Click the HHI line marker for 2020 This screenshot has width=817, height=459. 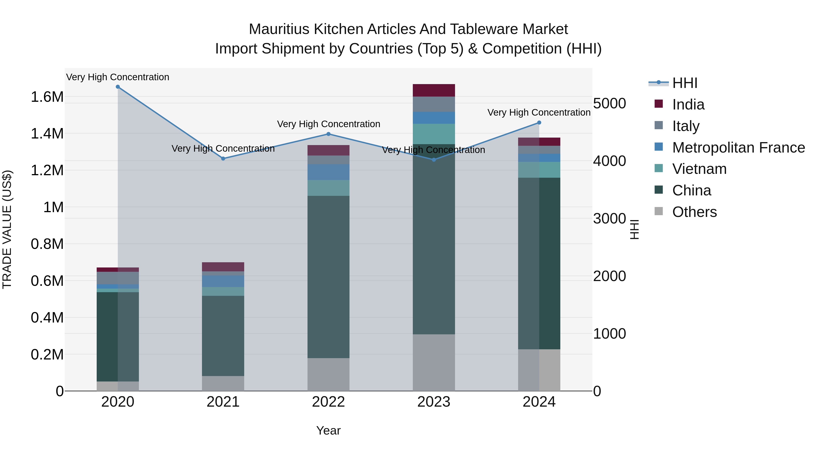click(118, 87)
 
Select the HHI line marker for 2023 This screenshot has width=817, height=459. click(434, 160)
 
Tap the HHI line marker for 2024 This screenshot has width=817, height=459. click(539, 123)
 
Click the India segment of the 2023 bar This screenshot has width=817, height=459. click(434, 90)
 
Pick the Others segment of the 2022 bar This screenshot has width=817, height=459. click(329, 374)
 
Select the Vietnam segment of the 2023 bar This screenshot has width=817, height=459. click(434, 134)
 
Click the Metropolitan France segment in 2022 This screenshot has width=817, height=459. click(329, 172)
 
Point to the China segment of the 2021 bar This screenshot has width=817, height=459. click(223, 336)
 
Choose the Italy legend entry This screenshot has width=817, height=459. click(686, 126)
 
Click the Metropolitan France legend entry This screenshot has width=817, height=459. click(738, 148)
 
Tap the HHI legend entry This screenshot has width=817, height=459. click(684, 83)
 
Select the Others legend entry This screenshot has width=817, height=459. click(694, 212)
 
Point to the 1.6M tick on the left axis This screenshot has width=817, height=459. click(47, 97)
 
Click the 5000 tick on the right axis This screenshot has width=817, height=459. click(609, 104)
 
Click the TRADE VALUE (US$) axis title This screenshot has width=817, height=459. click(7, 229)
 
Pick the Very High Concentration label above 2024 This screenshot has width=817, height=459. click(539, 112)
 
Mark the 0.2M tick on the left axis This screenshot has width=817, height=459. click(47, 355)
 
